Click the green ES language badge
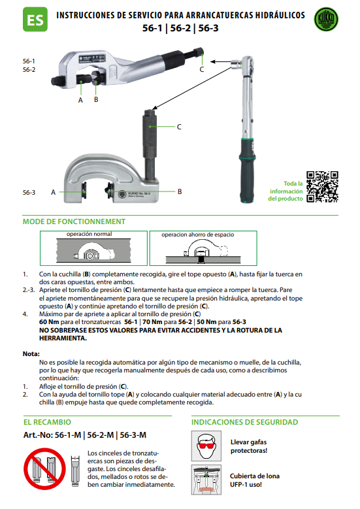pyautogui.click(x=35, y=20)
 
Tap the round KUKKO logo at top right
pyautogui.click(x=326, y=20)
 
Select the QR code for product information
pyautogui.click(x=322, y=187)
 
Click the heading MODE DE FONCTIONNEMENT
pyautogui.click(x=74, y=222)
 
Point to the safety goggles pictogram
pyautogui.click(x=206, y=446)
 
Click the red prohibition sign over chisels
pyautogui.click(x=44, y=468)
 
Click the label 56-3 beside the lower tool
pyautogui.click(x=29, y=193)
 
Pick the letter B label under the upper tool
pyautogui.click(x=96, y=99)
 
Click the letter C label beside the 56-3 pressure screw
pyautogui.click(x=179, y=127)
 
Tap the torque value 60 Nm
pyautogui.click(x=49, y=322)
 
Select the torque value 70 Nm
pyautogui.click(x=152, y=322)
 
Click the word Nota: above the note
pyautogui.click(x=31, y=354)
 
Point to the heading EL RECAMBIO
pyautogui.click(x=47, y=422)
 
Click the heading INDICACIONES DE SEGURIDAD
pyautogui.click(x=244, y=422)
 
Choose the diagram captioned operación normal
pyautogui.click(x=93, y=248)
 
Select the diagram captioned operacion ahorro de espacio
pyautogui.click(x=203, y=248)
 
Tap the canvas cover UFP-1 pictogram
pyautogui.click(x=206, y=480)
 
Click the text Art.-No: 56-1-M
pyautogui.click(x=52, y=435)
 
